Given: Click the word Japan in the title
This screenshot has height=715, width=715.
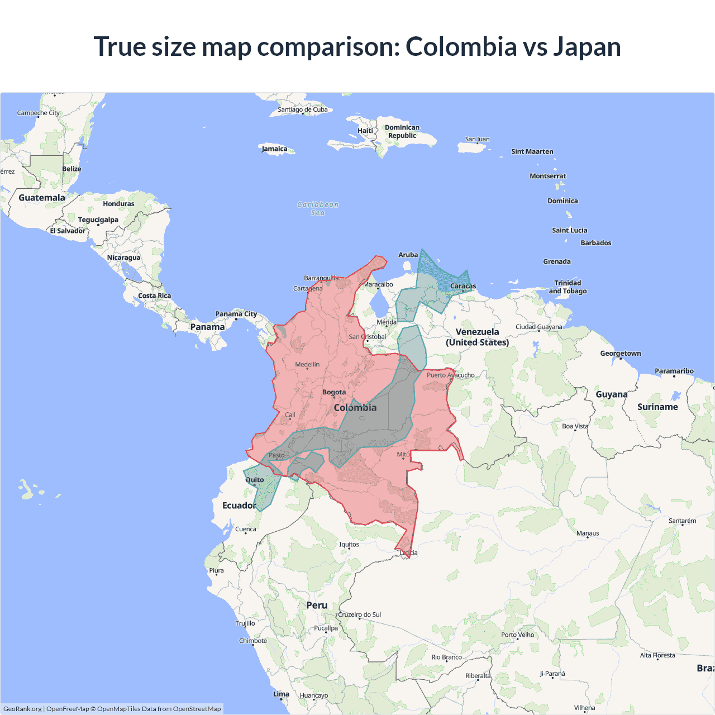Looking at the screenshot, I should tap(587, 46).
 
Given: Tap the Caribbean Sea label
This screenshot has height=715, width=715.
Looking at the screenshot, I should tap(318, 208).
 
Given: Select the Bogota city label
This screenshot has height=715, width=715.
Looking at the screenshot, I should tap(334, 392).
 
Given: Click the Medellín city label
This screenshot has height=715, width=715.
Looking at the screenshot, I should tap(307, 364).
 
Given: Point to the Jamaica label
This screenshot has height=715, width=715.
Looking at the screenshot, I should tap(274, 149).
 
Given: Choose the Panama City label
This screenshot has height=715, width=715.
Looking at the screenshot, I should tap(236, 314).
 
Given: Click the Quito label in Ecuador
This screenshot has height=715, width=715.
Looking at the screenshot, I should tap(255, 480).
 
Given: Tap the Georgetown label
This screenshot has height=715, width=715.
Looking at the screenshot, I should tap(621, 353).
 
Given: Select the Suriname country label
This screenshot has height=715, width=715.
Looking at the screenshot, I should tap(657, 407).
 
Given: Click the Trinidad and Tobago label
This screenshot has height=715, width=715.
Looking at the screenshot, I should tap(568, 287).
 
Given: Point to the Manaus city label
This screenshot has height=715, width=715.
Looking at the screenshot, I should tap(588, 533).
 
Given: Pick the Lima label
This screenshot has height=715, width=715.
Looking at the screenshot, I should tap(281, 694).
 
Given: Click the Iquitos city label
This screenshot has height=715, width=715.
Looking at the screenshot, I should tap(349, 544).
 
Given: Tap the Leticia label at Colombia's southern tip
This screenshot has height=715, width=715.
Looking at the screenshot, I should tap(408, 553).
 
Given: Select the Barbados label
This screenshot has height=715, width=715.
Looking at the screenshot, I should tap(596, 243).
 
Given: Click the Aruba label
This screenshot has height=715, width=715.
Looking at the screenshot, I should tap(408, 255).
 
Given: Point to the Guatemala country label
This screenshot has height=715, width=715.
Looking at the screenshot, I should tap(42, 198).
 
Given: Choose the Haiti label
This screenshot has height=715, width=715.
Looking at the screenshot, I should tap(365, 131).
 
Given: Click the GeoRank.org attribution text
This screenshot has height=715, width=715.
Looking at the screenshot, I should tap(22, 709).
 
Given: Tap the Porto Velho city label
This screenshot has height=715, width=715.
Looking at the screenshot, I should tap(517, 635).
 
